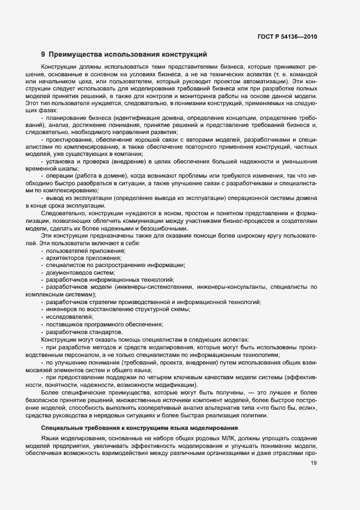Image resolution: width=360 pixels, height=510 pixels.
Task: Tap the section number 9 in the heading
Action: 43,54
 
